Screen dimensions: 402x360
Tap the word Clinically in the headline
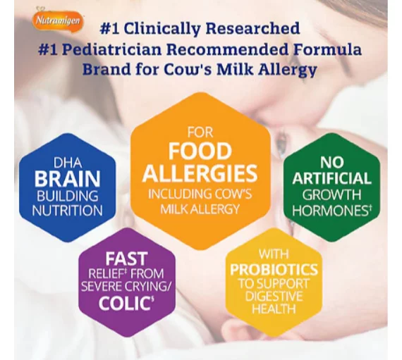coord(162,29)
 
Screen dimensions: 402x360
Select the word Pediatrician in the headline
coord(112,49)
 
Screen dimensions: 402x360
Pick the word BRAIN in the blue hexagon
coord(67,179)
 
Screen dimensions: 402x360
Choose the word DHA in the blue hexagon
coord(68,163)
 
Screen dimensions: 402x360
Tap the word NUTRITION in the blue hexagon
coord(67,211)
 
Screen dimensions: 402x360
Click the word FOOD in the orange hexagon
coord(200,151)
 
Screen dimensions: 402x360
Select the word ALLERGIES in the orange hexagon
coord(200,173)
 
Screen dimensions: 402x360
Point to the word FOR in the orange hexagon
coord(200,132)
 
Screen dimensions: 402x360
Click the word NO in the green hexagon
coord(331,162)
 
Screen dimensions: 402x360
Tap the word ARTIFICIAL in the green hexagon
coord(331,178)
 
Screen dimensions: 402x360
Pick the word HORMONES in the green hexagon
coord(331,211)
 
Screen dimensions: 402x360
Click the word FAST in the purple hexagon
coord(127,259)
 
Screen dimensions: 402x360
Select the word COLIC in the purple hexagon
coord(125,304)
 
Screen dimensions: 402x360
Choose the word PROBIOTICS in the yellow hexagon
coord(274,269)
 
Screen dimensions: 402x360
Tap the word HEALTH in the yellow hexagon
coord(274,309)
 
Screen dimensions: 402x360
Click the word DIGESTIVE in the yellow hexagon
coord(274,296)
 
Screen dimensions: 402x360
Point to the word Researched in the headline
coord(252,28)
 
